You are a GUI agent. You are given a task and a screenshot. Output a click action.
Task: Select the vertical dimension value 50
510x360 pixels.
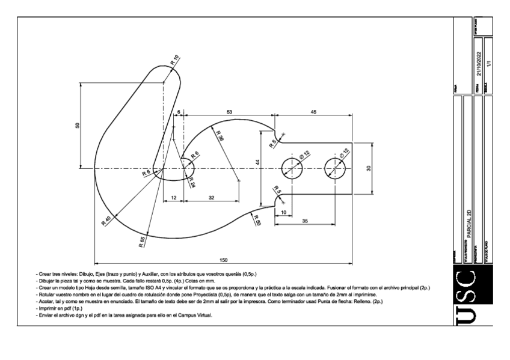77,126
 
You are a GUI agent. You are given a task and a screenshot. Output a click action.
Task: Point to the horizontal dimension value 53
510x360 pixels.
230,112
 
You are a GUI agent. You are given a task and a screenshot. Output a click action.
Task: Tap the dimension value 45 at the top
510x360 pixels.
313,112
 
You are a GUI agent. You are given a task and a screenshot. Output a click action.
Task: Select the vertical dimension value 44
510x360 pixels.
257,163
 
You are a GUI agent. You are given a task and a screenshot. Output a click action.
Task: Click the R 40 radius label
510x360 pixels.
107,221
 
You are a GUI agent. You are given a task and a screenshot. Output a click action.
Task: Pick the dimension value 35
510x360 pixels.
305,221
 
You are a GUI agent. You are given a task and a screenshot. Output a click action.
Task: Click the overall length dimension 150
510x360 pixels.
224,260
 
